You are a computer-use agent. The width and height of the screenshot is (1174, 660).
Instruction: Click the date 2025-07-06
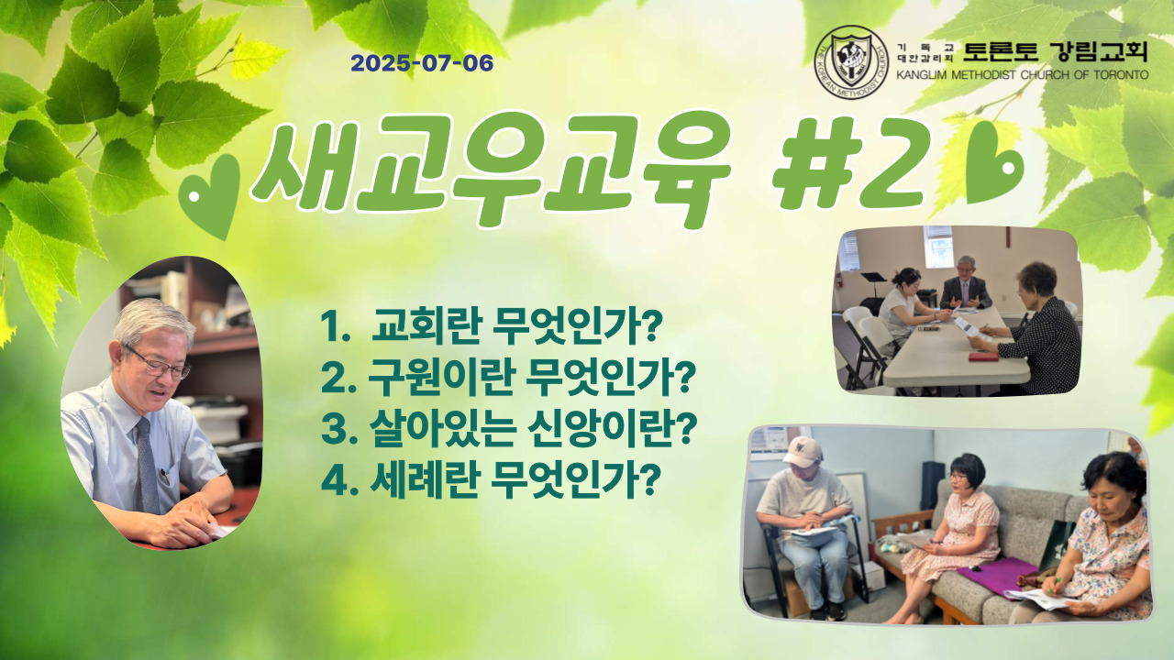(422, 63)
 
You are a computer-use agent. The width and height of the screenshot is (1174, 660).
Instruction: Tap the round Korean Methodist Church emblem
(852, 61)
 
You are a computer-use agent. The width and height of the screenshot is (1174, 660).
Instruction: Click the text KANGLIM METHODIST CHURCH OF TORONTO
(1022, 75)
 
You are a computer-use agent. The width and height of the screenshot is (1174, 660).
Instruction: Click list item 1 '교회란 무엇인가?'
(492, 325)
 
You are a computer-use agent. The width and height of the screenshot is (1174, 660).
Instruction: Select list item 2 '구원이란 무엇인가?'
(508, 378)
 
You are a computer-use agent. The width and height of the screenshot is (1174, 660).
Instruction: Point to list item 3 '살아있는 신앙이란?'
(509, 430)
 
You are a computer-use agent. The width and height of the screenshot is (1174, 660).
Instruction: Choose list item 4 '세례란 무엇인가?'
(491, 480)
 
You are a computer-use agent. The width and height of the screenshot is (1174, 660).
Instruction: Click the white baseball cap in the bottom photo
(803, 450)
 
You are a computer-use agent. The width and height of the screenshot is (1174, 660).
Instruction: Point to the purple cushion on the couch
(999, 575)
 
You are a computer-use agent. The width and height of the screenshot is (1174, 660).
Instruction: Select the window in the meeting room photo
(938, 247)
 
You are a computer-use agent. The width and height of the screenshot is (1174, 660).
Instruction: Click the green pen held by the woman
(1052, 583)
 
